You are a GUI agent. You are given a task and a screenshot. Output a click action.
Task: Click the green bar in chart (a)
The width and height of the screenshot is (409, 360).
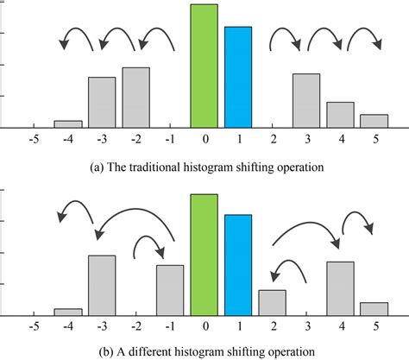[x=204, y=66]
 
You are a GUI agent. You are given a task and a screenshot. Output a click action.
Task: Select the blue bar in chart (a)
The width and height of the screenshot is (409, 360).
[x=238, y=78]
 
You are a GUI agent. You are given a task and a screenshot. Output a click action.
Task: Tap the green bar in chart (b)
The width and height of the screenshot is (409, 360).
[x=204, y=255]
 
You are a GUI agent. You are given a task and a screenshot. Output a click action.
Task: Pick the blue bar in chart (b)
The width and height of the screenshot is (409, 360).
[x=238, y=265]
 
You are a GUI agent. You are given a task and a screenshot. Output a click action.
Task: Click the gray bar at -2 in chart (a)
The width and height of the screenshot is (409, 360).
[x=135, y=98]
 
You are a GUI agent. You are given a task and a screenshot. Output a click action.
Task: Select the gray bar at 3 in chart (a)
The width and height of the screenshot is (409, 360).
[x=305, y=101]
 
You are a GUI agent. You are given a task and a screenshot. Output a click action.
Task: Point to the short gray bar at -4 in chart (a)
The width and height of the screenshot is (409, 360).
[x=68, y=123]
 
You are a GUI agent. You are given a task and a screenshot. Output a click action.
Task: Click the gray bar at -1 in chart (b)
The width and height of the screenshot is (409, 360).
[x=170, y=290]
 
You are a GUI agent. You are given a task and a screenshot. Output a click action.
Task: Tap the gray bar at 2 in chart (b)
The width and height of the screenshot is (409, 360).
[x=272, y=302]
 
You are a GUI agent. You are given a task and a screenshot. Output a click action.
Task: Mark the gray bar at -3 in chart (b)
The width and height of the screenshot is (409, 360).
[x=102, y=285]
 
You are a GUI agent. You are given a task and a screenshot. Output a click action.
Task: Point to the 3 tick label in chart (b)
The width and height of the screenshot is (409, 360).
[x=306, y=327]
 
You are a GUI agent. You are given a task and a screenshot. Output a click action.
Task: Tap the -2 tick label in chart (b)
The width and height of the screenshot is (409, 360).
[x=135, y=327]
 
